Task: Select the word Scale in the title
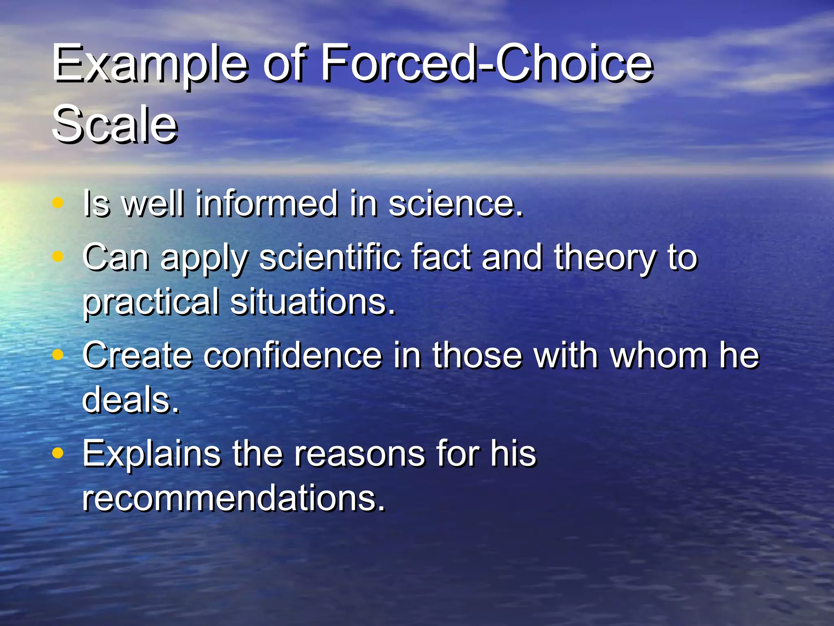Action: point(115,124)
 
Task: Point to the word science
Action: point(455,203)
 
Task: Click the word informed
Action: point(267,203)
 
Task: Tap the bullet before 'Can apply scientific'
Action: point(59,256)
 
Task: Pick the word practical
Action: point(151,302)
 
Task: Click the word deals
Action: point(130,400)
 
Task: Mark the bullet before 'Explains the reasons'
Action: point(59,453)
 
